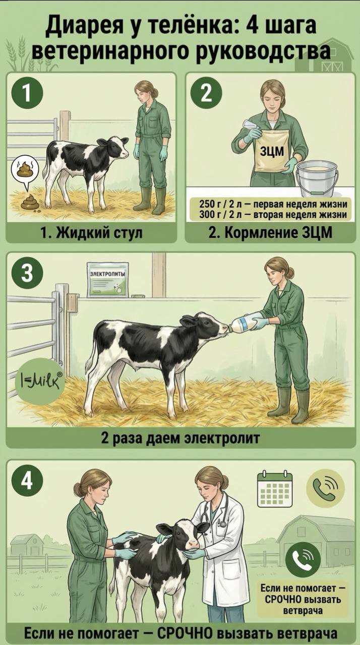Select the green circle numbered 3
click(27, 274)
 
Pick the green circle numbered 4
click(27, 481)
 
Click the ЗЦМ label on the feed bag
click(272, 151)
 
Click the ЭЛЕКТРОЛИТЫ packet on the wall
click(108, 279)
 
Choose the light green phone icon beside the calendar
click(325, 488)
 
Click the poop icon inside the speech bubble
click(25, 169)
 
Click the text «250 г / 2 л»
click(218, 204)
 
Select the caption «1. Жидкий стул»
click(91, 232)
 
